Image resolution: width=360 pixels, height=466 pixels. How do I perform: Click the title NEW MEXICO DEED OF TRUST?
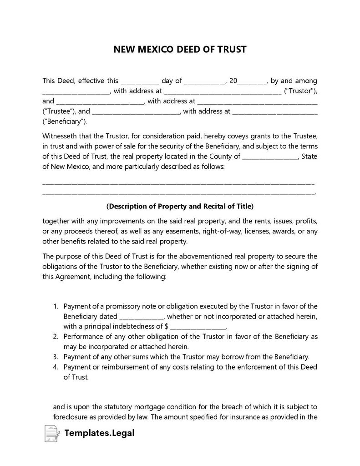[x=180, y=49]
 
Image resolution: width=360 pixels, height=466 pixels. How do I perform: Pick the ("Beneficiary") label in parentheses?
[x=64, y=121]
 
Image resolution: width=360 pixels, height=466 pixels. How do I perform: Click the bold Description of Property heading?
[x=180, y=206]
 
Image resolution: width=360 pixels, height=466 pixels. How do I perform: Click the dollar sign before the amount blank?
[x=167, y=326]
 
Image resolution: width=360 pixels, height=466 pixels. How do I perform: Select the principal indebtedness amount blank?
[x=198, y=327]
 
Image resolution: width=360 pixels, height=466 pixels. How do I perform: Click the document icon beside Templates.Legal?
[x=51, y=433]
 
